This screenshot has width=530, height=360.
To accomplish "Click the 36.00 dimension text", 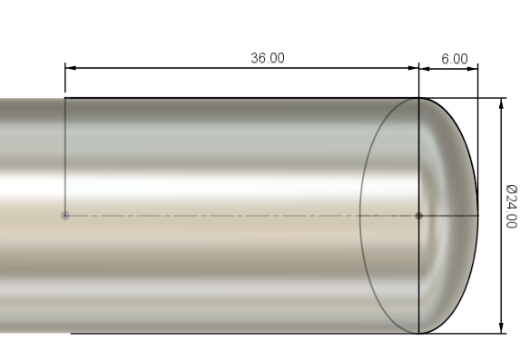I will click(x=267, y=58).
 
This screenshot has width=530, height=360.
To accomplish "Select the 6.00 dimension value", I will click(x=454, y=58).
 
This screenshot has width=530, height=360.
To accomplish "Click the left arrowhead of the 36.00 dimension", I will click(x=70, y=67).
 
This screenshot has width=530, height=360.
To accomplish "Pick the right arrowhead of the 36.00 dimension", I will click(x=413, y=67).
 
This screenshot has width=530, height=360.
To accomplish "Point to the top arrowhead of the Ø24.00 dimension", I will click(x=501, y=103).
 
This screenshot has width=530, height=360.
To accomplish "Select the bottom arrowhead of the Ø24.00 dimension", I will click(x=501, y=327).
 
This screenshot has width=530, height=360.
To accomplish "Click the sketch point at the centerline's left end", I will click(x=64, y=216).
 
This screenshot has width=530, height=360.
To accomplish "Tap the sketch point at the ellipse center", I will click(x=418, y=216).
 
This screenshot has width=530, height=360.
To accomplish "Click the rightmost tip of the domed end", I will click(x=477, y=216).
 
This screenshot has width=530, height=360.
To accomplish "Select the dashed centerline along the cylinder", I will click(x=227, y=216).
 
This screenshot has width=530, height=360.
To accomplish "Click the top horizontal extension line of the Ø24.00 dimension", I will click(x=490, y=98).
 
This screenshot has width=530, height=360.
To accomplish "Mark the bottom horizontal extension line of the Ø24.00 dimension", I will click(x=490, y=333).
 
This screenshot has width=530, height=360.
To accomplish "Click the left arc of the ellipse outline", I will click(x=360, y=216).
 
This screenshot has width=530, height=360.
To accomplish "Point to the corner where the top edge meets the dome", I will click(x=418, y=98).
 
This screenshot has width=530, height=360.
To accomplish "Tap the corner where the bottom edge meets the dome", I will click(x=418, y=333).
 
